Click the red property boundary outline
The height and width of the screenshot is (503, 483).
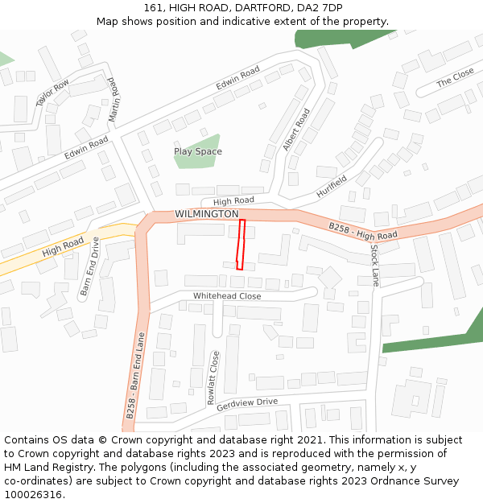pos(240,245)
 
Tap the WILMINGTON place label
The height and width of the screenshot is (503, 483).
pos(207,214)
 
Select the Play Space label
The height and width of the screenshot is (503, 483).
pos(198,151)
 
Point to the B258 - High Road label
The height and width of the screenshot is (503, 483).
pos(363,231)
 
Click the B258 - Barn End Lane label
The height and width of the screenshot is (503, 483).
pos(135,375)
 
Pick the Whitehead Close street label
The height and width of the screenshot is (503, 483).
pos(227,296)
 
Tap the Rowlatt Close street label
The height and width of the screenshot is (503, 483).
pos(213,376)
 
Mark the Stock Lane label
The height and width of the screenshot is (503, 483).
pos(374,264)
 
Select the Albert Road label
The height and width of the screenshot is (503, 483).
pos(296,130)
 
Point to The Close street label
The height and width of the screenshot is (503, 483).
pos(456,78)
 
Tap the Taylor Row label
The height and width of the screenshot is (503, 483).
pos(53,93)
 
